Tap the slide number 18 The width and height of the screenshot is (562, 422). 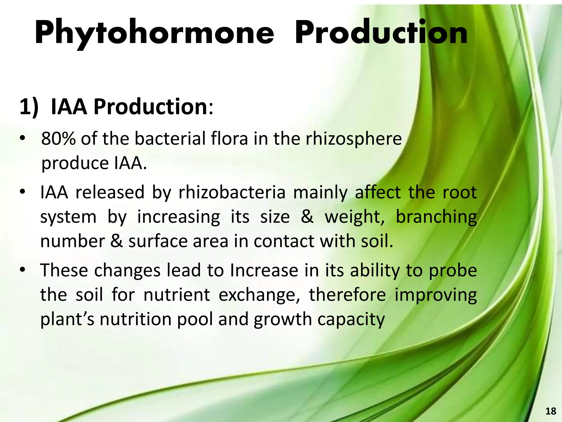click(x=550, y=411)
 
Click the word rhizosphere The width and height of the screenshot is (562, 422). click(x=354, y=139)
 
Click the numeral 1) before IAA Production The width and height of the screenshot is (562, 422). click(x=29, y=107)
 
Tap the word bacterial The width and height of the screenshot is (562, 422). click(x=170, y=138)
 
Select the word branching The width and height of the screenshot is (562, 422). click(x=436, y=217)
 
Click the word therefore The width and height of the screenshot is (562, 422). click(x=347, y=295)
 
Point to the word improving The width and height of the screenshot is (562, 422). click(x=436, y=296)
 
